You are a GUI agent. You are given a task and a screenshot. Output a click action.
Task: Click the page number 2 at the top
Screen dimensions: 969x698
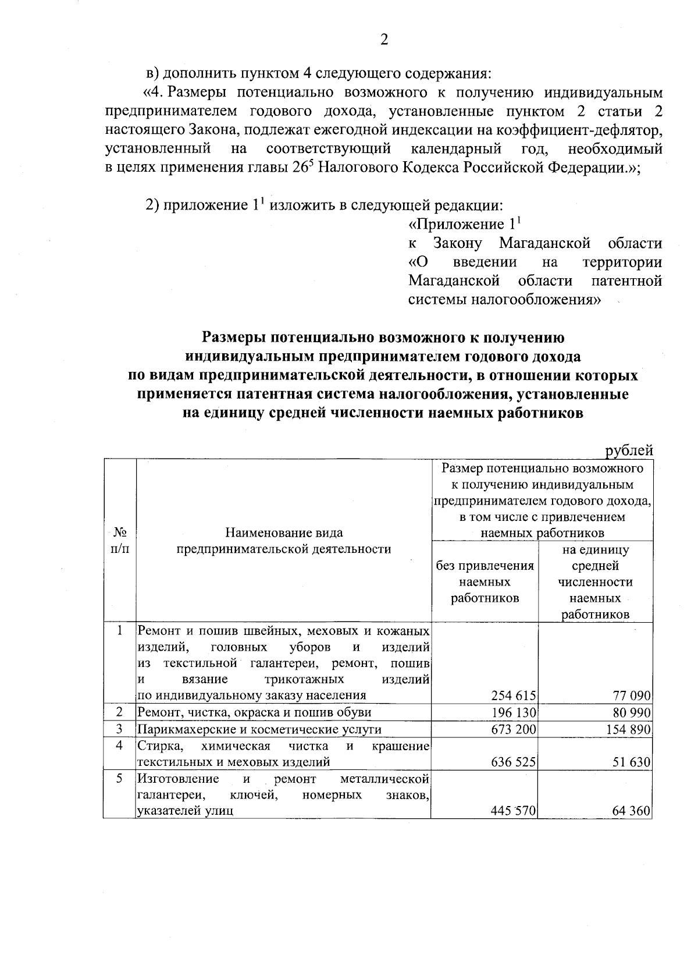point(383,40)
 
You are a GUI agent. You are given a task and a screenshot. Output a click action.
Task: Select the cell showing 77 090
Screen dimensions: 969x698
point(631,695)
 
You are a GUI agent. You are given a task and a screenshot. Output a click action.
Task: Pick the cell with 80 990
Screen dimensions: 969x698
point(631,712)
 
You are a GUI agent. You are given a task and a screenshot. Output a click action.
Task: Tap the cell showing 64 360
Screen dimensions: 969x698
point(631,810)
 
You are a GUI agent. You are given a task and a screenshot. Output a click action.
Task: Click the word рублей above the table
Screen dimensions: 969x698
point(629,450)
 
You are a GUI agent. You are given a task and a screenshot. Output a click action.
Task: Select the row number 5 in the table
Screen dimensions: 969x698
point(119,779)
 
